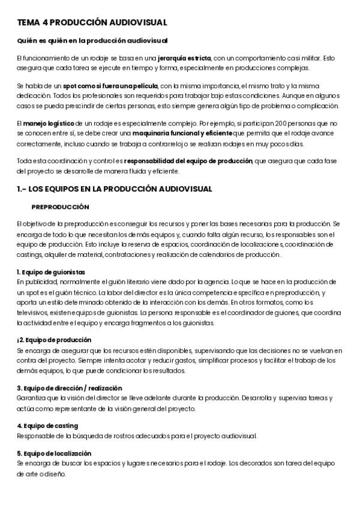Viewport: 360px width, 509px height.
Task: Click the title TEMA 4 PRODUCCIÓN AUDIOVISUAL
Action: point(92,22)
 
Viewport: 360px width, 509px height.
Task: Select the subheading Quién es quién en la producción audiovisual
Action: point(92,40)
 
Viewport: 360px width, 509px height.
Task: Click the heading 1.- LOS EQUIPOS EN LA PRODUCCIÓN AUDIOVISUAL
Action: point(115,188)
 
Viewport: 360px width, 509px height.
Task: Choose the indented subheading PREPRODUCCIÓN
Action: point(60,206)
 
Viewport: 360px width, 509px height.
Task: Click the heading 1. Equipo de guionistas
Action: point(51,271)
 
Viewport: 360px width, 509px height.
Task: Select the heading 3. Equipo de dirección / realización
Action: point(70,387)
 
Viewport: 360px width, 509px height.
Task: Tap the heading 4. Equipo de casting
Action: point(47,425)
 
